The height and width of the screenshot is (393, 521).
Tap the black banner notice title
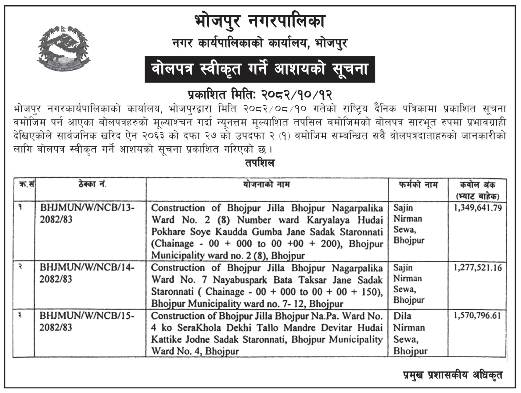coord(260,69)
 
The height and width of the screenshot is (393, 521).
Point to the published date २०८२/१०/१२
coord(296,95)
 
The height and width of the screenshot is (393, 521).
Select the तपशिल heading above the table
coord(260,163)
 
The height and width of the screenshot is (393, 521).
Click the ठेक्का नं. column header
coord(90,185)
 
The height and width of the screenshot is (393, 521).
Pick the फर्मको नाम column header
coord(418,185)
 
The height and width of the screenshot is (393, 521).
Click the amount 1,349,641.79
coord(478,208)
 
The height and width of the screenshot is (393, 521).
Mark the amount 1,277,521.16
coord(478,268)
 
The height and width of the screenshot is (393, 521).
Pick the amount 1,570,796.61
coord(477,315)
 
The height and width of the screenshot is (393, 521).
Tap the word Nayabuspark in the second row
coord(240,280)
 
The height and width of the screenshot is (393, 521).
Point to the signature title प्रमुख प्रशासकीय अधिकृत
coord(452,375)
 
